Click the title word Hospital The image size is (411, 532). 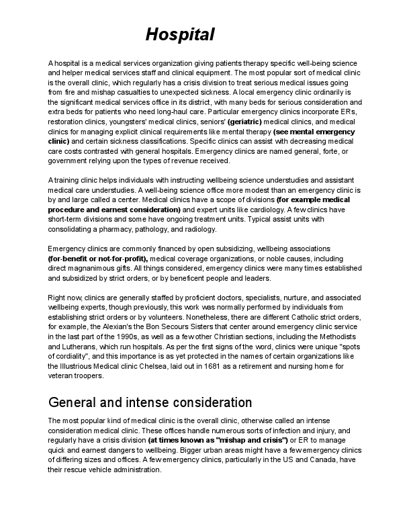coord(180,34)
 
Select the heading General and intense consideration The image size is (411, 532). coord(150,402)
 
